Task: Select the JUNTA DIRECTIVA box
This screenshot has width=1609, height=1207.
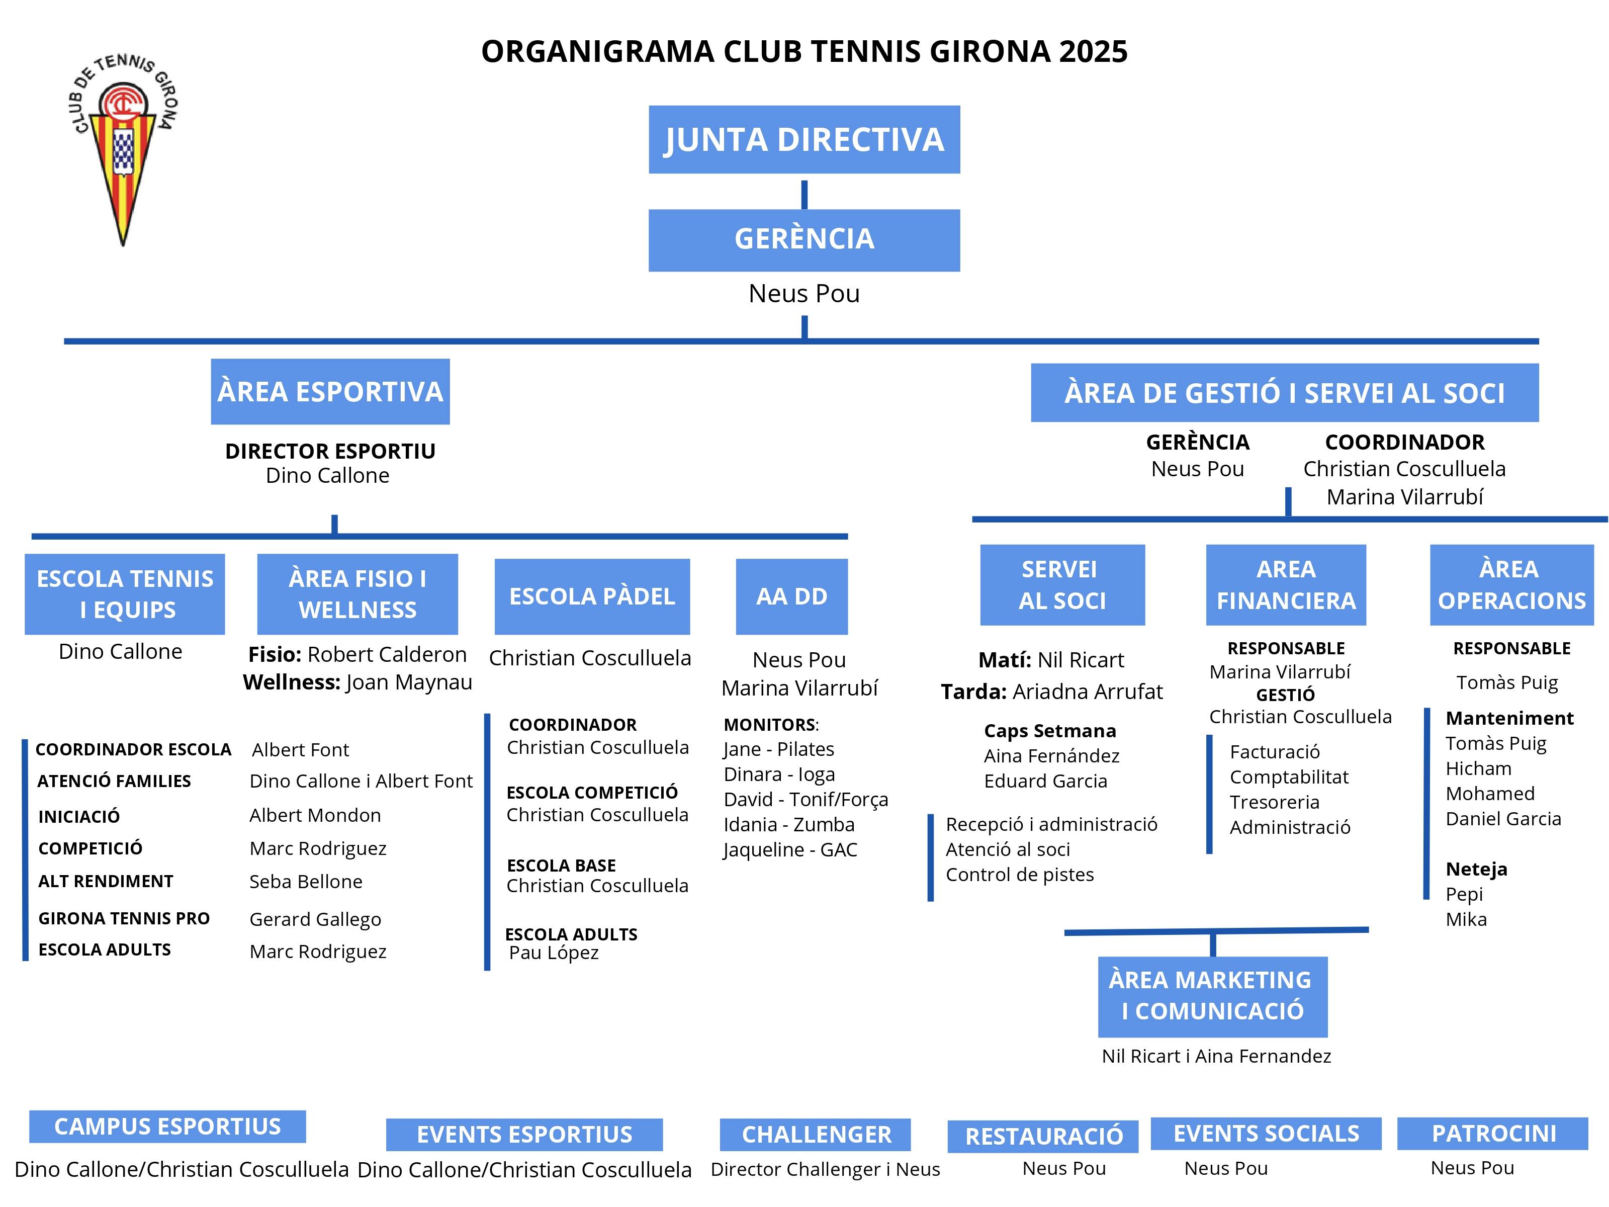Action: click(x=804, y=140)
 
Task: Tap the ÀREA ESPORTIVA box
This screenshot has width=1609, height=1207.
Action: click(x=330, y=391)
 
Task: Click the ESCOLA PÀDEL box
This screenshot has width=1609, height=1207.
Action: click(x=592, y=596)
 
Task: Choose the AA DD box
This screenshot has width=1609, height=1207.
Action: click(x=791, y=596)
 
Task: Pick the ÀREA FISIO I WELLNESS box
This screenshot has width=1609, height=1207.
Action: click(x=357, y=593)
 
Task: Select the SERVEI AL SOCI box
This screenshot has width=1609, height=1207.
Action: click(x=1062, y=585)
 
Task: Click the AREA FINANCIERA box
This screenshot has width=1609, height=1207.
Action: click(x=1285, y=585)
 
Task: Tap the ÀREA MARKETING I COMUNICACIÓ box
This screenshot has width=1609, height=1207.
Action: click(x=1213, y=996)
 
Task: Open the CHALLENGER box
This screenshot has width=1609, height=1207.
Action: click(x=816, y=1134)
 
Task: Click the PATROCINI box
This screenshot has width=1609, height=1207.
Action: click(x=1493, y=1134)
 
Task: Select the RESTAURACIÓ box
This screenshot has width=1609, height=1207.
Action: click(x=1043, y=1136)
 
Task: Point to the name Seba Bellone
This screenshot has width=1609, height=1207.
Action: click(x=306, y=882)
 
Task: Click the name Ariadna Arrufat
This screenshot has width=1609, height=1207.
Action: click(x=1088, y=691)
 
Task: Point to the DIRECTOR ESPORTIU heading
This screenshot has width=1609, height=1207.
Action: click(x=330, y=451)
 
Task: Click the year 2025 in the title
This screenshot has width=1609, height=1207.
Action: click(x=1093, y=52)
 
